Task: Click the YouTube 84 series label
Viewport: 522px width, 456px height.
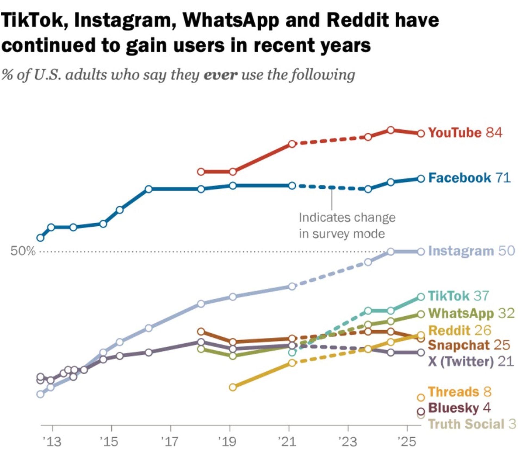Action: pos(465,133)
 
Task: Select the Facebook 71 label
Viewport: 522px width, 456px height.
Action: pos(469,178)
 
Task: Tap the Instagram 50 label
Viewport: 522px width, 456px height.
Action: pos(471,251)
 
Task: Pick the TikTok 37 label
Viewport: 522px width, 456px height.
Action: pos(458,296)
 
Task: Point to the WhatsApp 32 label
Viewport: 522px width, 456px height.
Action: pos(471,313)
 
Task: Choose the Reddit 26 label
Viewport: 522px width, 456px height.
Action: pos(460,330)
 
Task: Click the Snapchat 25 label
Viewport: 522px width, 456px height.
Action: pos(469,345)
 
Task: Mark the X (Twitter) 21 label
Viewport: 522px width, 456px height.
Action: pos(471,361)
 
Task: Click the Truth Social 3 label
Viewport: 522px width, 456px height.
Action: pos(472,424)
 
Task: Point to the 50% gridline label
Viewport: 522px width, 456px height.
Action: pos(23,251)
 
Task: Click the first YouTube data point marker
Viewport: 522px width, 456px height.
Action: pos(201,172)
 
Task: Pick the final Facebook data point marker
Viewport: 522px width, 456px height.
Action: pos(421,179)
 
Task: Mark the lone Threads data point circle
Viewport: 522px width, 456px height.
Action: pos(421,398)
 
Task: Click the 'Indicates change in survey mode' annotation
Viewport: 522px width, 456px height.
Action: pos(347,226)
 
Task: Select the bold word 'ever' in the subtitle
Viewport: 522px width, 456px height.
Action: pos(220,75)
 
